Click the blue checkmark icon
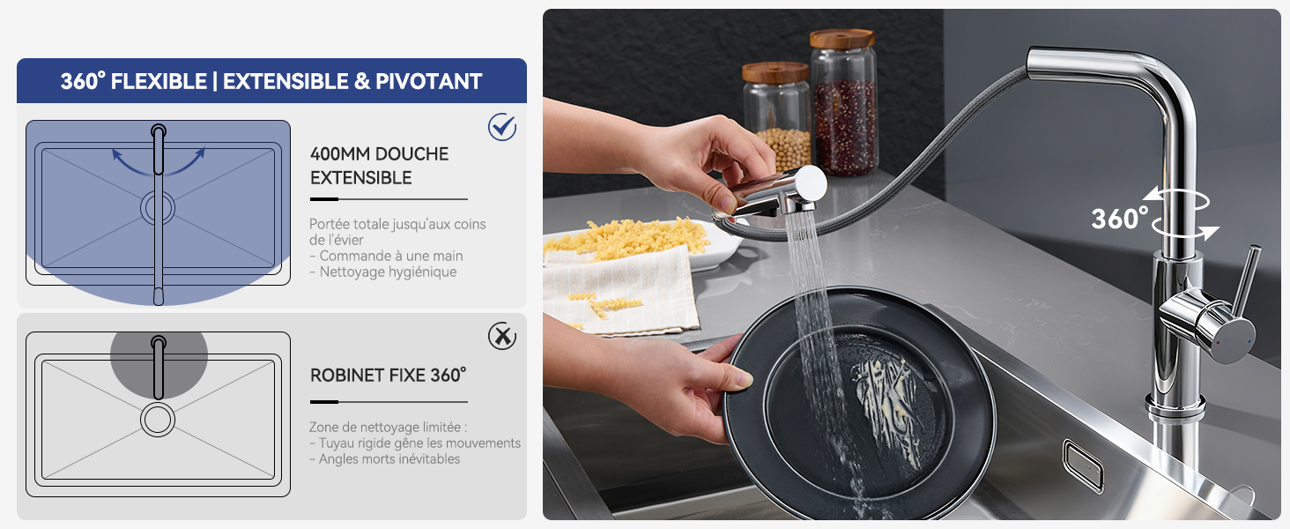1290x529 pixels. pos(502,127)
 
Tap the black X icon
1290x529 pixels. pos(502,336)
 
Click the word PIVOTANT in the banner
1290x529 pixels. pos(428,81)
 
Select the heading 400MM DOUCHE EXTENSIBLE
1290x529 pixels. pos(379,166)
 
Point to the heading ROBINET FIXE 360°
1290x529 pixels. pos(389,375)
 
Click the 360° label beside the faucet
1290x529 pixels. pos(1119,219)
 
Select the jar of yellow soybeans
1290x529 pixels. pos(777,118)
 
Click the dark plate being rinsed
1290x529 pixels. pos(859,406)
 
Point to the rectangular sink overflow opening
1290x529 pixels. pos(1083,465)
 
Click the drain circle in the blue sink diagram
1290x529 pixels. pos(158,208)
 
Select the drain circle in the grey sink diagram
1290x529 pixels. pos(158,420)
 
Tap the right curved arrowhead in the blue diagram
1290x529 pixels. pos(200,153)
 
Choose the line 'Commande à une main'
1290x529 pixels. pos(387,256)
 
